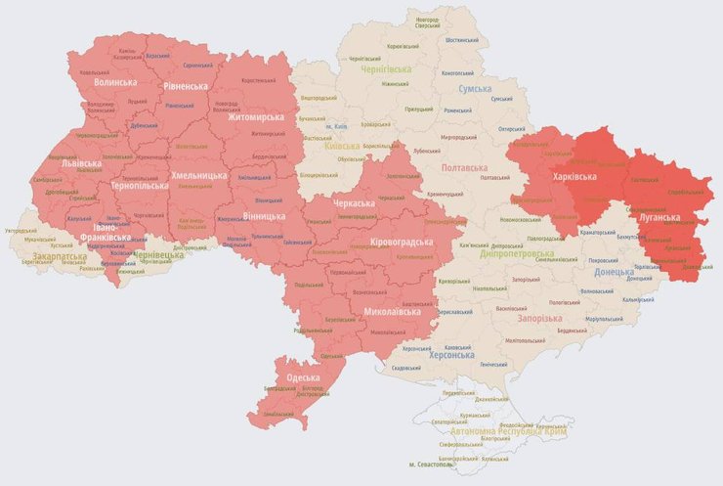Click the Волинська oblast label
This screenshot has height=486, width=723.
click(114, 83)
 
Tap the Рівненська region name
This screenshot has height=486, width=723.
click(185, 87)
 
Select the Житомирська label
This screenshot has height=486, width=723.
click(256, 117)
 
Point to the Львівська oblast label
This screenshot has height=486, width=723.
click(80, 164)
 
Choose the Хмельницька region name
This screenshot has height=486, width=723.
click(199, 176)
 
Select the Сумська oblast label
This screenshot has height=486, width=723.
click(475, 89)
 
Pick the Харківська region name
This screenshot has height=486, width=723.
click(575, 177)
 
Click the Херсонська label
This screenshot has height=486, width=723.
click(454, 356)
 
